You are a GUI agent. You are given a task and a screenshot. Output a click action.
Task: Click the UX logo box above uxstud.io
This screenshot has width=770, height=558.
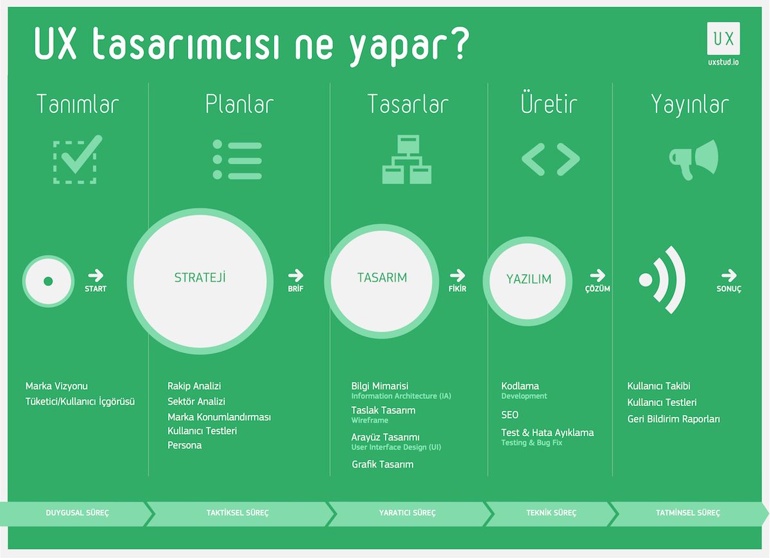point(723,38)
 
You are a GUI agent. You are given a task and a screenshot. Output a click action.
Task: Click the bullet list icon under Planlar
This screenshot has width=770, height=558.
point(237,160)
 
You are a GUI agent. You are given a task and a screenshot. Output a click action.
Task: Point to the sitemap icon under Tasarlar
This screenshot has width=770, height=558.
point(407,159)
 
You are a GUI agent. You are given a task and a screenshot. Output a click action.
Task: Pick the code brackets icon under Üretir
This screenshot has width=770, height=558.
point(551,160)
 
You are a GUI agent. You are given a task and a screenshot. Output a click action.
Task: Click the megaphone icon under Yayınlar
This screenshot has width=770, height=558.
point(694,160)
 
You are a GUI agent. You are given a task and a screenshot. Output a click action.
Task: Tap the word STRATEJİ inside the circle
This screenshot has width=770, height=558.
point(200,277)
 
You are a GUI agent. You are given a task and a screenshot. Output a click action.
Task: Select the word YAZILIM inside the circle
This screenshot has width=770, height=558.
point(529,279)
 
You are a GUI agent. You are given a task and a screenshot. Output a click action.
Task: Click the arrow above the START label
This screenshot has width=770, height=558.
point(96,275)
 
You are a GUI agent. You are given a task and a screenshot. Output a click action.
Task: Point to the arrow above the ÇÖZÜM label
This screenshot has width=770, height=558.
point(597,275)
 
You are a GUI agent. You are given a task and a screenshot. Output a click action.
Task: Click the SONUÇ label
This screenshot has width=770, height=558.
point(729,289)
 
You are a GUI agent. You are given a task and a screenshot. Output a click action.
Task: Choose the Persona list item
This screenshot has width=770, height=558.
point(185,445)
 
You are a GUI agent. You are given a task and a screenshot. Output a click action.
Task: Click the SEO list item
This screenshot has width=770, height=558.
point(509,415)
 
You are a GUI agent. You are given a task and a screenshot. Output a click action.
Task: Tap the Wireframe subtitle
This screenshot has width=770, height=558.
point(370,420)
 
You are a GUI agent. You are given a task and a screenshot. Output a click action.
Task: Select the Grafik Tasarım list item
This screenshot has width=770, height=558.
point(382,464)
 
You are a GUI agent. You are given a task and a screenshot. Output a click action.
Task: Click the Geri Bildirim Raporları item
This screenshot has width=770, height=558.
point(673,419)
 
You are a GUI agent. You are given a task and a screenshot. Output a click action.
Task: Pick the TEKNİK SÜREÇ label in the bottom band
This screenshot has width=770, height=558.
point(551,513)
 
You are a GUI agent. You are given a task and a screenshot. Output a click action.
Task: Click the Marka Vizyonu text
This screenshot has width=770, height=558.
point(56,386)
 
